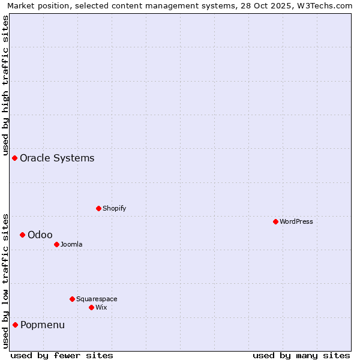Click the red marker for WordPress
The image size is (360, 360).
coord(275,221)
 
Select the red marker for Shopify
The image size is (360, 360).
coord(98,208)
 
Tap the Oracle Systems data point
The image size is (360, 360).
coord(14,158)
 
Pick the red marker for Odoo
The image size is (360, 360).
coord(22,235)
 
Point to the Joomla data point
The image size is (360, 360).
coord(56,244)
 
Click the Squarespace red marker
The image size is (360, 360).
coord(72,299)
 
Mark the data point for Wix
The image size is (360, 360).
coord(91,307)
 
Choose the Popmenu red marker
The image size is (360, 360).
coord(15,325)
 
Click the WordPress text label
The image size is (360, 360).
coord(296,221)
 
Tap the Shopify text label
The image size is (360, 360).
coord(114,208)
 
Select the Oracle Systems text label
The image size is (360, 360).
coord(57,158)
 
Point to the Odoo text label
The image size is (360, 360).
coord(40,235)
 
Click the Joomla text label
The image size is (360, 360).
coord(71,244)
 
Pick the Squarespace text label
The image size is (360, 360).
coord(97,299)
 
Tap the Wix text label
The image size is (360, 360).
coord(101,307)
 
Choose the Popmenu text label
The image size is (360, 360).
coord(43,325)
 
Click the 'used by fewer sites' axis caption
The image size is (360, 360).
coord(62,355)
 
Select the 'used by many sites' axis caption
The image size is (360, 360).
coord(301,355)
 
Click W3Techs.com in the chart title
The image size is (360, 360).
coord(322,6)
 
